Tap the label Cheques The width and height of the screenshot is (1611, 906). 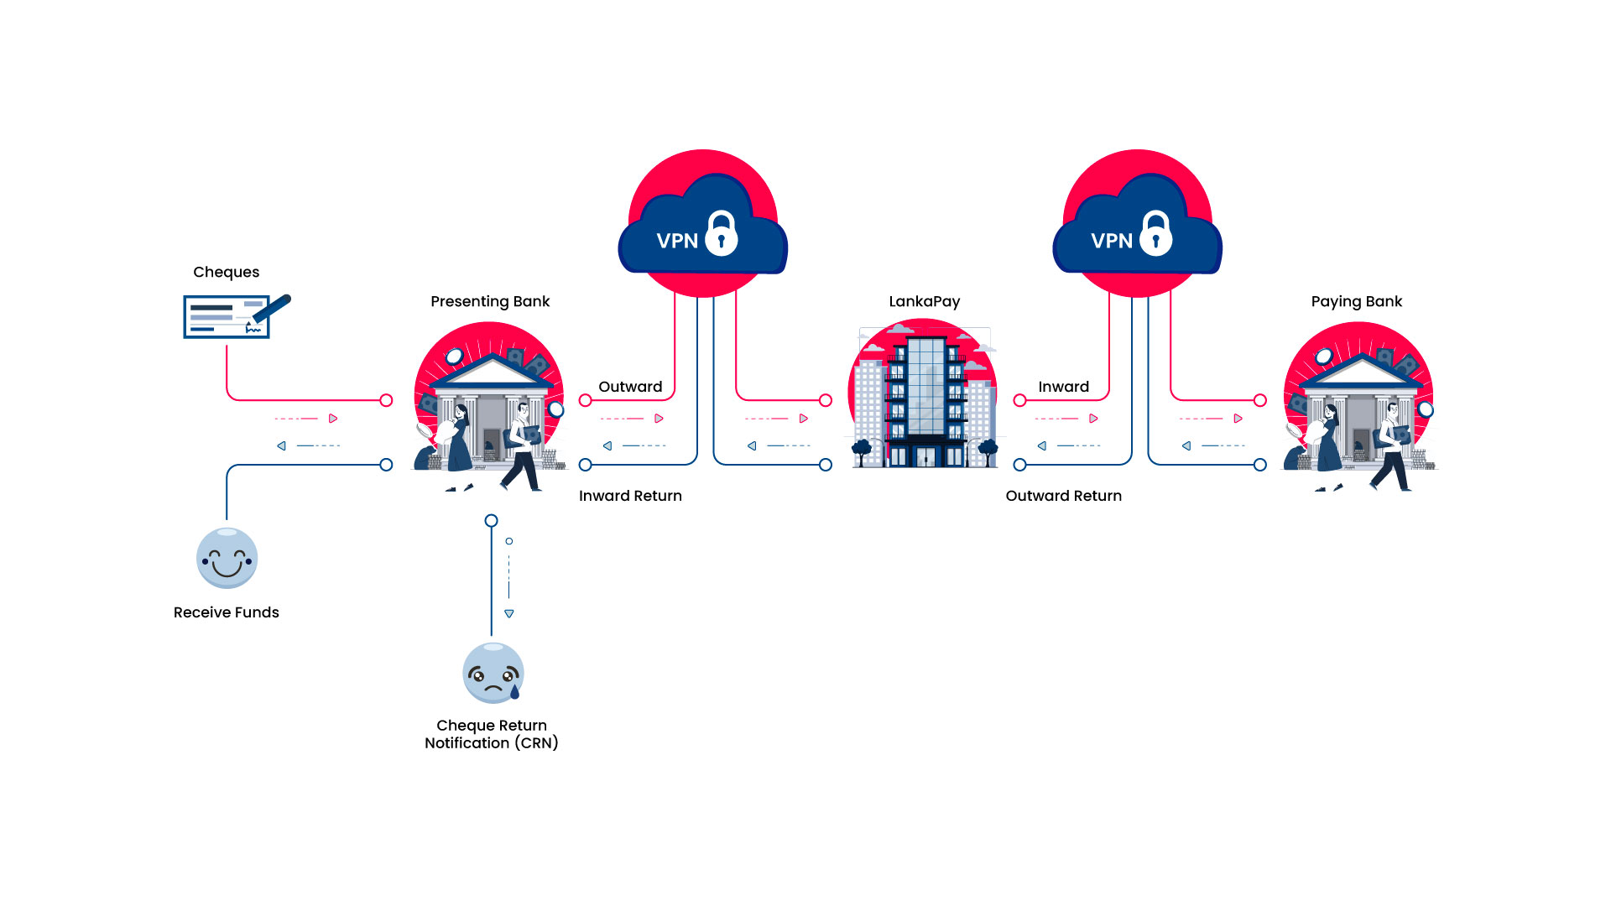(x=226, y=272)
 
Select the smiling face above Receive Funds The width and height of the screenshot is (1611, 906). (x=227, y=559)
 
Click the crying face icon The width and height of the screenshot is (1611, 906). (x=493, y=673)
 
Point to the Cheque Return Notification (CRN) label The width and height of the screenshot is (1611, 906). (x=491, y=734)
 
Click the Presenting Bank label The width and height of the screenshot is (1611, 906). (x=490, y=301)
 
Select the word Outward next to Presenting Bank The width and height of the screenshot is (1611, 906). (x=630, y=387)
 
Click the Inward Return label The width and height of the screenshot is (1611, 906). (x=630, y=496)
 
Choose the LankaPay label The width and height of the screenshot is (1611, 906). (x=924, y=301)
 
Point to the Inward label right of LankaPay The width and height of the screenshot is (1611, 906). (x=1063, y=387)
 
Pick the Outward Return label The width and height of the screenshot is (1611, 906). (x=1063, y=496)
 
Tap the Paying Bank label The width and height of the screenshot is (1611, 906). (x=1356, y=301)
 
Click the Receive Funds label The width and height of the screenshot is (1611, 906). (x=226, y=612)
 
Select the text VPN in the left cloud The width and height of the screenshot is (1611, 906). (x=676, y=242)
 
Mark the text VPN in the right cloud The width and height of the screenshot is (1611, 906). (x=1111, y=242)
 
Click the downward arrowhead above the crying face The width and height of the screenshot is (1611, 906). (x=509, y=614)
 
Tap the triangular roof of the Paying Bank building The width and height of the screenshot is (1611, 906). (x=1360, y=370)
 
